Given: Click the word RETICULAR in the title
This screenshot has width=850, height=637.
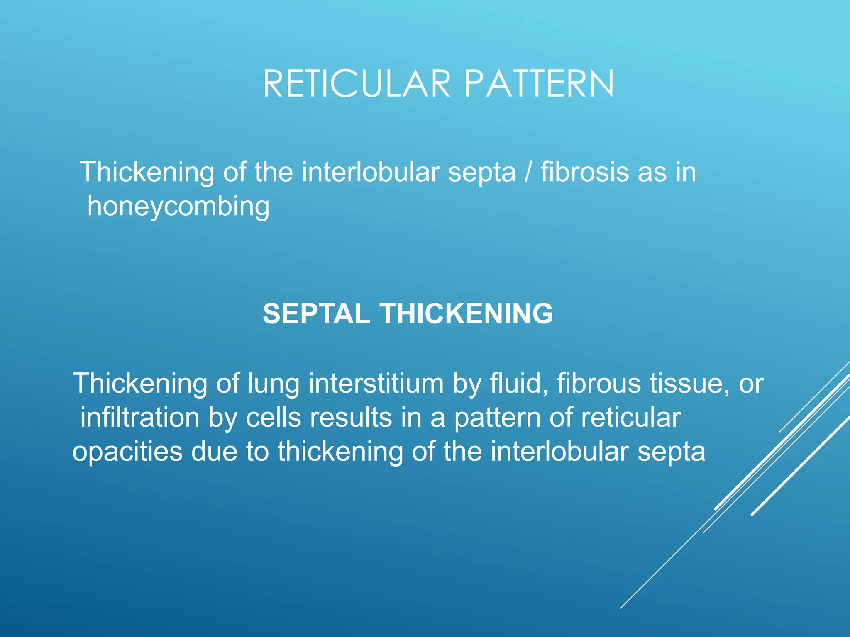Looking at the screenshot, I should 357,84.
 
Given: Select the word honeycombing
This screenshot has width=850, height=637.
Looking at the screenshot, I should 178,207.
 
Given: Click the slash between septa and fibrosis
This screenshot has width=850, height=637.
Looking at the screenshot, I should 528,172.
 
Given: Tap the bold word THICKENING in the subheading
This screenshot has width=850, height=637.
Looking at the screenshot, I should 467,314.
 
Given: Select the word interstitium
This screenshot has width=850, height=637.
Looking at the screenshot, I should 376,383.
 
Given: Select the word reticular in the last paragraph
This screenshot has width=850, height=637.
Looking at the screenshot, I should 630,417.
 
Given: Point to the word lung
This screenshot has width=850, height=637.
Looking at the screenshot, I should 274,384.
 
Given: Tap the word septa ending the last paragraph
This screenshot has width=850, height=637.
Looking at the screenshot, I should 671,452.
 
